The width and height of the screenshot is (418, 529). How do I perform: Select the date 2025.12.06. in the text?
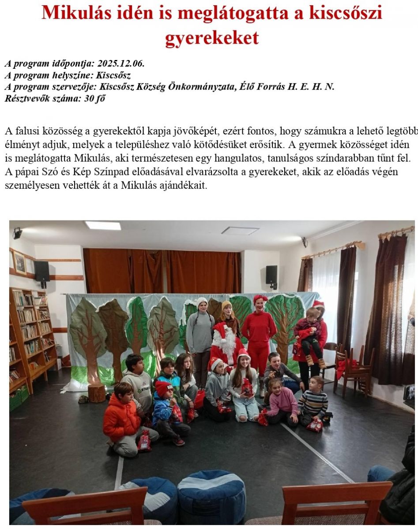pyautogui.click(x=121, y=63)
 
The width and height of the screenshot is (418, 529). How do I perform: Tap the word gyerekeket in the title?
pyautogui.click(x=212, y=38)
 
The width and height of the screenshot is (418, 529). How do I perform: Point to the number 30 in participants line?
pyautogui.click(x=88, y=99)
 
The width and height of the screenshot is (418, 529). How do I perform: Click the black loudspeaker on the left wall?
pyautogui.click(x=42, y=271)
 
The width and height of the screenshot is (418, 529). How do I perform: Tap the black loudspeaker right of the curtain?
pyautogui.click(x=271, y=275)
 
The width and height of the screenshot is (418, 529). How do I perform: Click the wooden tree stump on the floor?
pyautogui.click(x=96, y=392)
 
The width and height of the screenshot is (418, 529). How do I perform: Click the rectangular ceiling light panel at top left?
pyautogui.click(x=103, y=225)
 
